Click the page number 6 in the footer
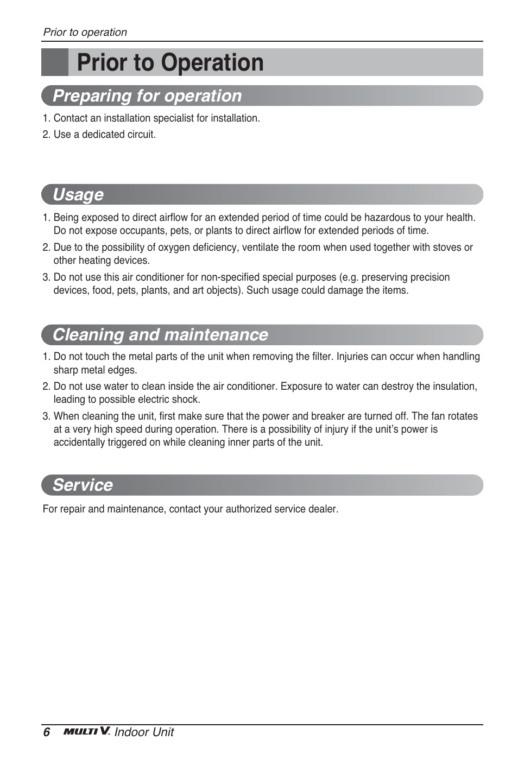47,732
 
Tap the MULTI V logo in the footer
86,732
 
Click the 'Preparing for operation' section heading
147,96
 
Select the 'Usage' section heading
78,195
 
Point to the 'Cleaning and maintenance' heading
160,335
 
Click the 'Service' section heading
83,485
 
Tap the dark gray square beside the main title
55,62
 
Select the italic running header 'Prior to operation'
85,33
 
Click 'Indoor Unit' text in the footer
144,732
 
